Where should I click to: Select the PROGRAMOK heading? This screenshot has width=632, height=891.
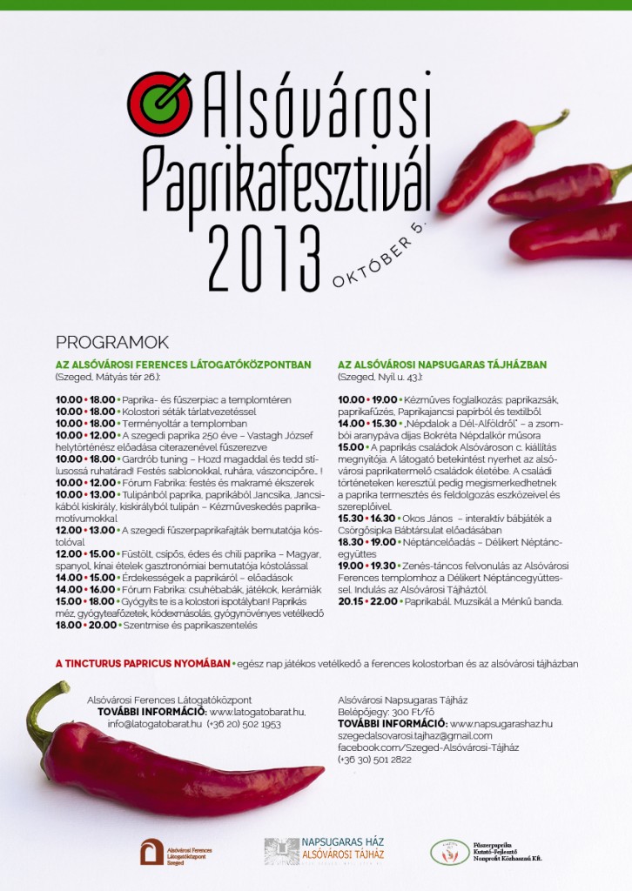tap(111, 342)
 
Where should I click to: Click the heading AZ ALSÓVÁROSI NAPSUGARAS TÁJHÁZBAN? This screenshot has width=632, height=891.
tap(442, 365)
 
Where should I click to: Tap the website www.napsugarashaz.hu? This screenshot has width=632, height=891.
tap(501, 723)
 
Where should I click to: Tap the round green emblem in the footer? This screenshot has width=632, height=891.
tap(449, 851)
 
